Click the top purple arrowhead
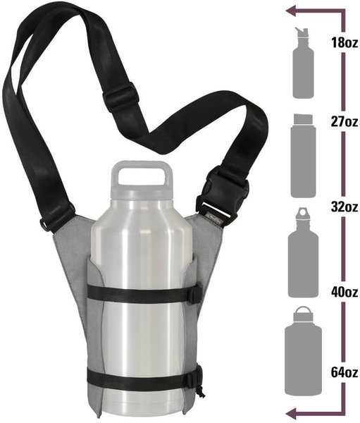[292, 11]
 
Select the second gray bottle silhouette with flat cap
[303, 156]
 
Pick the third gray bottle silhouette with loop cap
[303, 254]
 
